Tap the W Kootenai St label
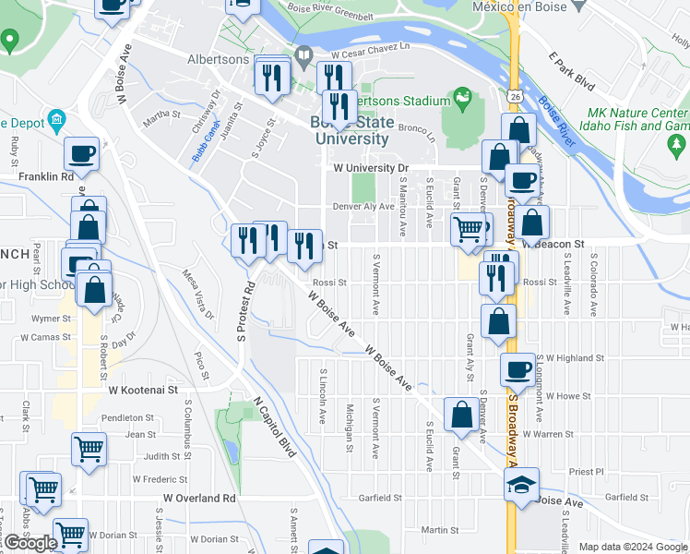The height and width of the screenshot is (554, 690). [x=143, y=391]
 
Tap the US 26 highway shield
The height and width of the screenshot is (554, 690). [x=514, y=96]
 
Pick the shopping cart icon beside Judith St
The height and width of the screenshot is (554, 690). [x=89, y=450]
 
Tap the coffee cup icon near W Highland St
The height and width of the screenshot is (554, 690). [x=517, y=369]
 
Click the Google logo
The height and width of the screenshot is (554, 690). [x=30, y=543]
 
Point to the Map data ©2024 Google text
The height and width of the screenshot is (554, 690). [x=633, y=547]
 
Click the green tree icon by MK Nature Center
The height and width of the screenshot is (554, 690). [x=677, y=144]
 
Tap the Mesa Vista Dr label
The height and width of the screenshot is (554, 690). [x=196, y=295]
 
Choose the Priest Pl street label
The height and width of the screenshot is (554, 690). [x=586, y=471]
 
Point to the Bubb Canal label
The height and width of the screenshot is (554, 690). [x=205, y=143]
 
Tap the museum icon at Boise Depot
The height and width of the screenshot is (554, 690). [x=56, y=119]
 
